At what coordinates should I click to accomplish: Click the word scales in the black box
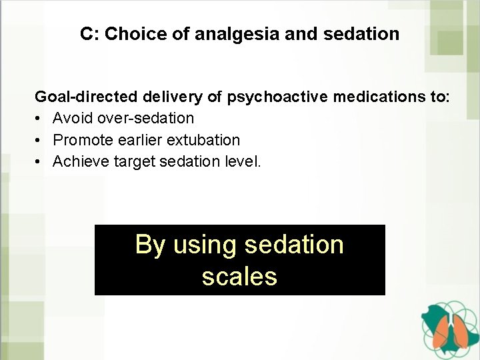tap(239, 276)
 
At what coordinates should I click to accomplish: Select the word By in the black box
tap(150, 245)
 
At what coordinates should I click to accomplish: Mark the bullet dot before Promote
tap(39, 140)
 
